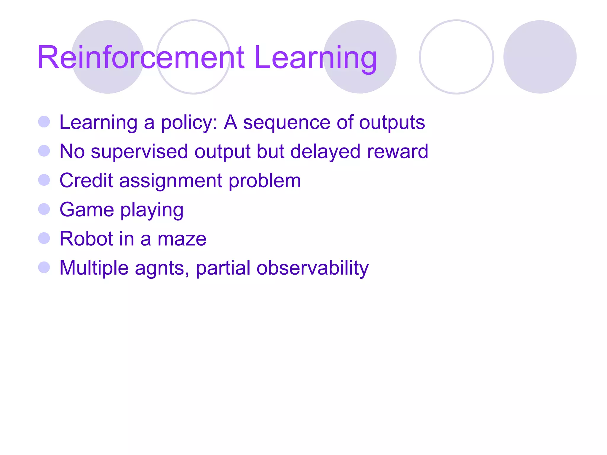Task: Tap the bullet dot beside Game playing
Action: pyautogui.click(x=44, y=209)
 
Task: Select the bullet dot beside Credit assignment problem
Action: pyautogui.click(x=44, y=180)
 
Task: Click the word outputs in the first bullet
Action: pyautogui.click(x=392, y=123)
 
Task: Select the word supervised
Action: pyautogui.click(x=139, y=152)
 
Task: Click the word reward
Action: pyautogui.click(x=397, y=152)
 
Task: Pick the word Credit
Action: pyautogui.click(x=86, y=180)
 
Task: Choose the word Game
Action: pyautogui.click(x=87, y=210)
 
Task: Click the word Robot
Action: pyautogui.click(x=86, y=239)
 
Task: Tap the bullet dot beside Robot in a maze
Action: pyautogui.click(x=44, y=238)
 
